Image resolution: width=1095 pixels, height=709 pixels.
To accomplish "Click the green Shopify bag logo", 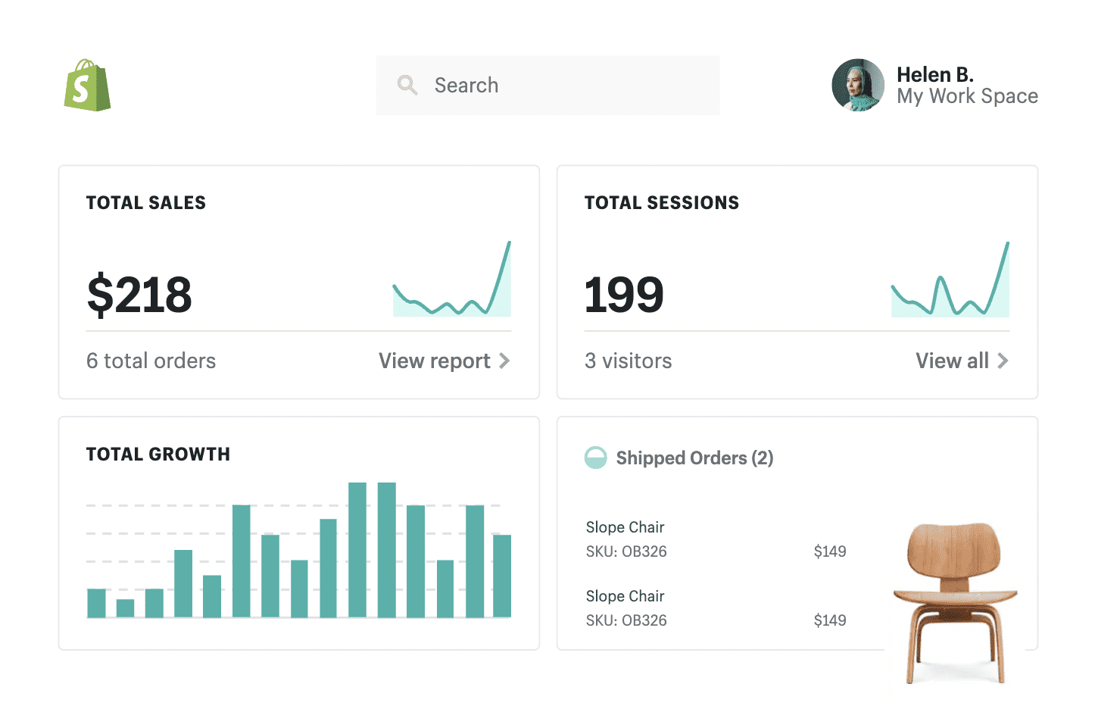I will click(x=87, y=86).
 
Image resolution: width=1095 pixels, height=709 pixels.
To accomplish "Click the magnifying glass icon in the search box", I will click(x=407, y=85).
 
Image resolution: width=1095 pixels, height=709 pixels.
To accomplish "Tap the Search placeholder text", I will click(x=466, y=86).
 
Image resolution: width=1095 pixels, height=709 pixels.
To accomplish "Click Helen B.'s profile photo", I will click(x=857, y=86).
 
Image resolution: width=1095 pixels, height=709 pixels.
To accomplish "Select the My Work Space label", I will click(x=967, y=96).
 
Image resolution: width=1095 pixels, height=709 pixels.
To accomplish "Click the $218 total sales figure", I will click(x=139, y=295).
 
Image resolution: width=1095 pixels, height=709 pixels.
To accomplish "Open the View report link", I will click(x=444, y=361).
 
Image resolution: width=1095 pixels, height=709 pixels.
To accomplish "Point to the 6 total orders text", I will click(x=151, y=361).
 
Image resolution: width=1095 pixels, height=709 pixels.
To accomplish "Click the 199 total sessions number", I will click(x=624, y=295).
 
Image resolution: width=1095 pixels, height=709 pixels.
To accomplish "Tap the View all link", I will click(x=961, y=361).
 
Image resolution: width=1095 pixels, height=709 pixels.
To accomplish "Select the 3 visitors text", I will click(x=628, y=361).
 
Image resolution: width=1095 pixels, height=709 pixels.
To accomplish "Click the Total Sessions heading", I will click(x=661, y=203).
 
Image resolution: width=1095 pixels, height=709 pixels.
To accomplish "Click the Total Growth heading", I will click(x=158, y=454).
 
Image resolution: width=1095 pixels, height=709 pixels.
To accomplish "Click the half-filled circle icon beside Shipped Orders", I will click(x=596, y=458).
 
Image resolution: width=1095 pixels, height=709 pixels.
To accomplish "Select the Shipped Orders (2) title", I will click(x=694, y=458).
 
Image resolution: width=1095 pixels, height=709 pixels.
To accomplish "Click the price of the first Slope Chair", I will click(x=829, y=551).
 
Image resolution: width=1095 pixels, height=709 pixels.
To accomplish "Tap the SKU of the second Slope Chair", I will click(x=626, y=620).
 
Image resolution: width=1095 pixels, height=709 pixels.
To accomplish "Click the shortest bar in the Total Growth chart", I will click(x=125, y=608).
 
